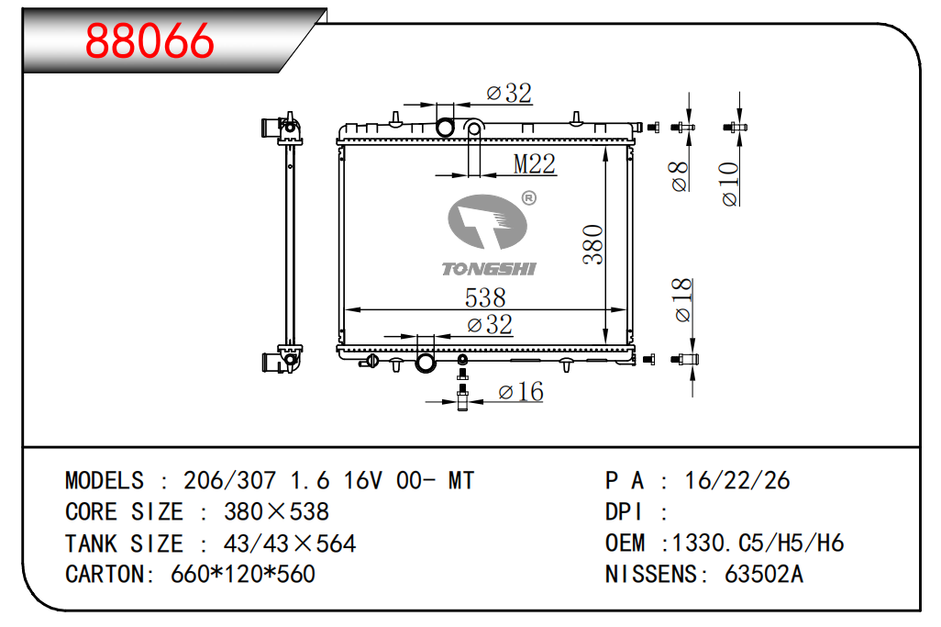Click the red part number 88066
point(149,40)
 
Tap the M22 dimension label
point(534,163)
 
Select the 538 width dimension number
point(485,297)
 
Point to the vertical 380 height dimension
point(592,244)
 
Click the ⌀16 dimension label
point(521,392)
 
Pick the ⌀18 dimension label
point(682,300)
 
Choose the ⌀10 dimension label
point(729,184)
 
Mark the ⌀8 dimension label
point(680,176)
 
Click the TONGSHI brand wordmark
point(489,269)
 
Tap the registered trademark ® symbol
point(528,197)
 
